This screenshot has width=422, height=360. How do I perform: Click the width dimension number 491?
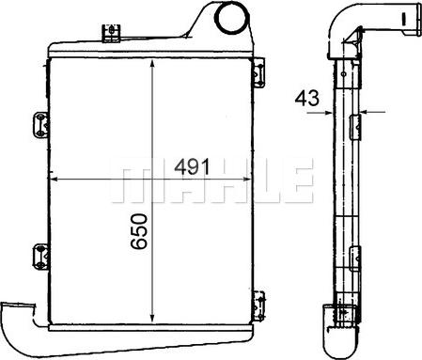coord(190,165)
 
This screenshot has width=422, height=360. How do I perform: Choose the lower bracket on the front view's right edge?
coord(255,301)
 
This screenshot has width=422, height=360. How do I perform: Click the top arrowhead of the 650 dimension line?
coord(152,63)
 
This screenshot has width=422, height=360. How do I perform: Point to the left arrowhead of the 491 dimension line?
coord(52,178)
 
